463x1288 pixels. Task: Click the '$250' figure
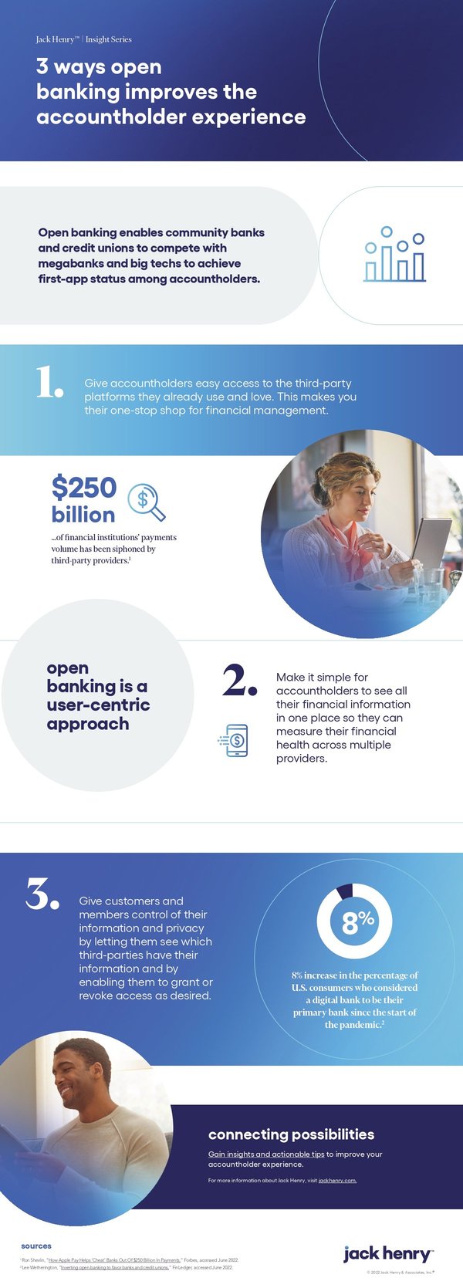(83, 487)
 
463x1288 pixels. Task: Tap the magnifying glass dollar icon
(146, 502)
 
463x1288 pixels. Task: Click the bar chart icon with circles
(394, 255)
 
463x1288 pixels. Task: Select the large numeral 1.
(49, 383)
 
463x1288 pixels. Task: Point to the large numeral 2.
(238, 680)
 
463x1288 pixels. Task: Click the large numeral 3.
(42, 893)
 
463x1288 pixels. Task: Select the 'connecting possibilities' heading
(291, 1134)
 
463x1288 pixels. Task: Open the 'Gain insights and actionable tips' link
(266, 1154)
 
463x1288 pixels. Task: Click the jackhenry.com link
(337, 1181)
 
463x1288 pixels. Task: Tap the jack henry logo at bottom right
(387, 1253)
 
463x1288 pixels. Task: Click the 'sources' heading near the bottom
(36, 1246)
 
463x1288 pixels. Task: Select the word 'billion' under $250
(83, 515)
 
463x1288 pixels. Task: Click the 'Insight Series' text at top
(109, 39)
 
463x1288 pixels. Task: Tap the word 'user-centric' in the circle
(98, 705)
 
